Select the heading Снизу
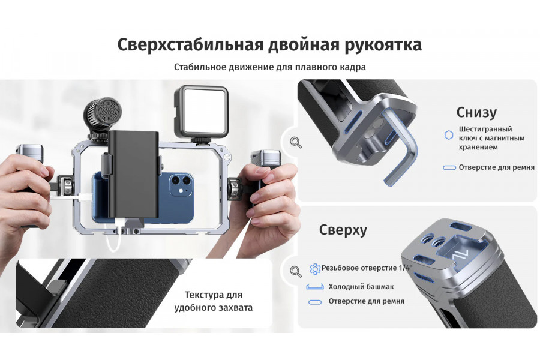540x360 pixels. pyautogui.click(x=476, y=112)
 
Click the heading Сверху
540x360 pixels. pyautogui.click(x=343, y=230)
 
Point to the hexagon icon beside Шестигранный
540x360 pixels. pyautogui.click(x=448, y=136)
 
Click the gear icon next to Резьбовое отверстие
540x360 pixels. pyautogui.click(x=314, y=269)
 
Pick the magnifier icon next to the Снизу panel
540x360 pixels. pyautogui.click(x=295, y=142)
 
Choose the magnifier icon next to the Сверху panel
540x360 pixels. pyautogui.click(x=295, y=271)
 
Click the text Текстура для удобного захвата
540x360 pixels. pyautogui.click(x=213, y=301)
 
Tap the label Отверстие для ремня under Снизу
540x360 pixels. pyautogui.click(x=496, y=167)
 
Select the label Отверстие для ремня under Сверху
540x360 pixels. pyautogui.click(x=366, y=301)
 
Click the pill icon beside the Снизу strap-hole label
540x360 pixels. pyautogui.click(x=449, y=167)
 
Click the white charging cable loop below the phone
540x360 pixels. pyautogui.click(x=114, y=240)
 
